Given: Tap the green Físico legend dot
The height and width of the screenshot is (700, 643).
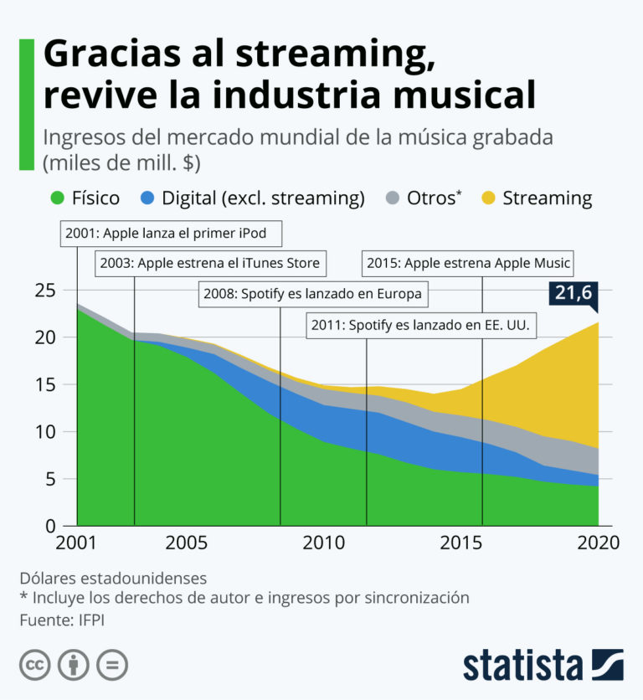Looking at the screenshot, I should tap(58, 198).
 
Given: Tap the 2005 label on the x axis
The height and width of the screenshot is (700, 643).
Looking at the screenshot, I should tap(186, 543).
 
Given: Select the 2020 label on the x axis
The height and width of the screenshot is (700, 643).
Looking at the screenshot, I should tap(598, 543).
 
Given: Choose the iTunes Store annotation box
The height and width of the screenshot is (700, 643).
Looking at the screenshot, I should tap(209, 263).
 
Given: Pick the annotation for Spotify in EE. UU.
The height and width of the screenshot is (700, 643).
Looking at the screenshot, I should tap(423, 324).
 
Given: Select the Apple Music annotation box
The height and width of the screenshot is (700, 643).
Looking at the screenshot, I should tap(467, 263).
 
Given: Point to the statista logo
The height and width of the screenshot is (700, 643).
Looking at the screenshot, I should tap(542, 664).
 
